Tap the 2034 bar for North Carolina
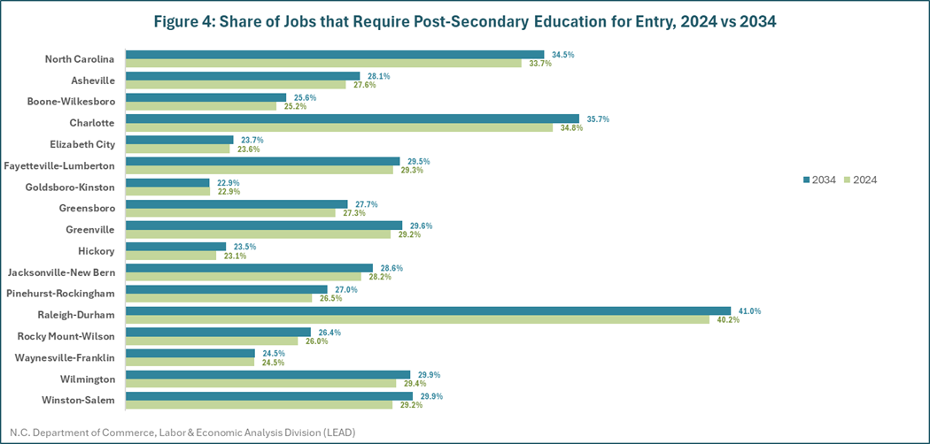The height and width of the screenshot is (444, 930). pos(335,55)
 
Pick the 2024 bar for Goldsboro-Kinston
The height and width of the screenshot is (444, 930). pos(167,192)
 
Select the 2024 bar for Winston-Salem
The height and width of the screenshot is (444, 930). pos(259,405)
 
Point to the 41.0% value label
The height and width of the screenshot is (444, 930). pos(749,311)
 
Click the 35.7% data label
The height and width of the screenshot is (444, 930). pos(597,119)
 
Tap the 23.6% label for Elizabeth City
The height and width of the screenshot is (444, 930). pos(248,149)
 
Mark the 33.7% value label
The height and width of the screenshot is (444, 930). pos(540,64)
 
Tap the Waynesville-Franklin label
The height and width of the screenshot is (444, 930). pos(66,357)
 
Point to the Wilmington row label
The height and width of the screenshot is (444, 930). pos(89,379)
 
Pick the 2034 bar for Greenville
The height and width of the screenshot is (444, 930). pos(264,226)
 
